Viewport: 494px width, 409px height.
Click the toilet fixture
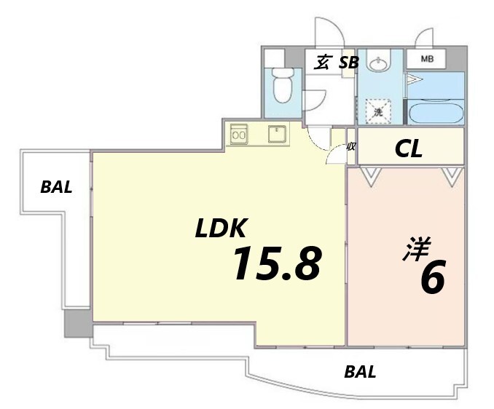click(x=283, y=86)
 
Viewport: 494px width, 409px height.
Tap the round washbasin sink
click(x=378, y=65)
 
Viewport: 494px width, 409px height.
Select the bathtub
click(x=436, y=112)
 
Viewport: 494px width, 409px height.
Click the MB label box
click(x=426, y=58)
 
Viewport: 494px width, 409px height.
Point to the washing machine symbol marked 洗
click(x=378, y=111)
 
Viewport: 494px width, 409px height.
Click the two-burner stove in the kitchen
click(x=238, y=135)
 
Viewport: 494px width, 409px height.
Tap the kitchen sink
click(x=278, y=134)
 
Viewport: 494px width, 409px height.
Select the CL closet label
click(x=408, y=149)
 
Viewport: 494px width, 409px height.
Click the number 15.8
click(x=277, y=263)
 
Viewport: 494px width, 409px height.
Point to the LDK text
click(x=221, y=228)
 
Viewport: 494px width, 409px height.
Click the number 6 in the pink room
click(x=432, y=277)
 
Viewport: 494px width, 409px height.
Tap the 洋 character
click(x=416, y=249)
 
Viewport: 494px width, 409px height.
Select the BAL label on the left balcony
click(x=56, y=187)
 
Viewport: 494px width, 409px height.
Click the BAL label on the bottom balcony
click(x=360, y=372)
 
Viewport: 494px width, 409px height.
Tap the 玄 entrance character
click(x=322, y=62)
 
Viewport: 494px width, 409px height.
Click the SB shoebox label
click(x=348, y=63)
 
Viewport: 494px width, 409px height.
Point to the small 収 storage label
click(x=351, y=146)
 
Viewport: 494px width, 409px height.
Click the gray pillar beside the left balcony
click(x=78, y=323)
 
